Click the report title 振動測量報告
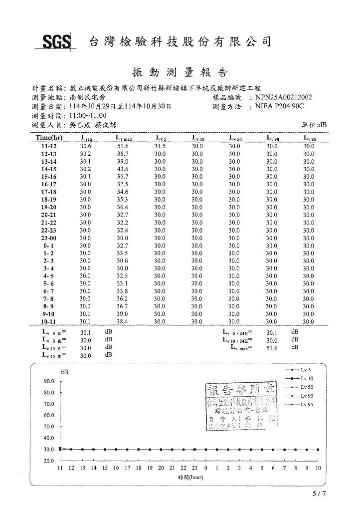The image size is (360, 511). pos(180,72)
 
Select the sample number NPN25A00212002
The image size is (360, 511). pos(284,98)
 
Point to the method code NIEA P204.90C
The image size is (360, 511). pos(280,106)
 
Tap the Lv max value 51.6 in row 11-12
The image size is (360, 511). pos(123,146)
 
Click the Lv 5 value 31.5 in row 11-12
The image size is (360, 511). pos(160,146)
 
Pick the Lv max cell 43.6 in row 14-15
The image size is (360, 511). pos(123,169)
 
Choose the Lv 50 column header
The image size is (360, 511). pos(235,138)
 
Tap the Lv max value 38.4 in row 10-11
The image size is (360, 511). pos(123,322)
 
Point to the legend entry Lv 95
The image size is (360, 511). pos(305,405)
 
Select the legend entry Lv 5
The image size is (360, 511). pos(305,370)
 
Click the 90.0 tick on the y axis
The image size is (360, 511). pos(49,381)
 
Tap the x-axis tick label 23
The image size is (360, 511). pos(194,468)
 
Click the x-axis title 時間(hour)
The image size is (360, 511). pos(190,477)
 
